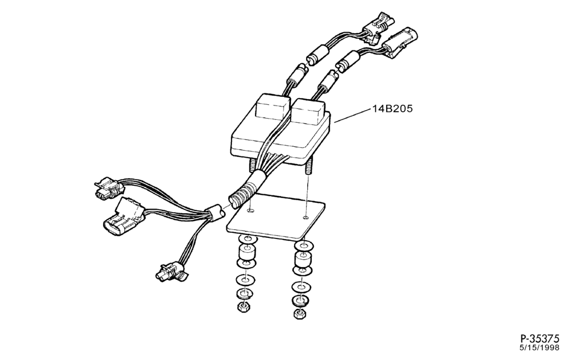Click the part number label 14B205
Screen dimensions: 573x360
pos(393,109)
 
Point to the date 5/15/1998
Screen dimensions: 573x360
pos(540,347)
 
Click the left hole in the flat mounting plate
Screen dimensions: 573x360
pos(250,211)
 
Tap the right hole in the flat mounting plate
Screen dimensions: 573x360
pos(306,218)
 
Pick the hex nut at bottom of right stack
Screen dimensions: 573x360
pos(300,314)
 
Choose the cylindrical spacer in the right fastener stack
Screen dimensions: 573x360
pos(303,259)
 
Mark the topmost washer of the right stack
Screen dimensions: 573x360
pos(303,244)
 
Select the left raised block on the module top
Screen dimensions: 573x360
pos(272,107)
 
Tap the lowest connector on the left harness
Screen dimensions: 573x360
pos(171,272)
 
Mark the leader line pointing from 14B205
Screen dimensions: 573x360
pos(352,115)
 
